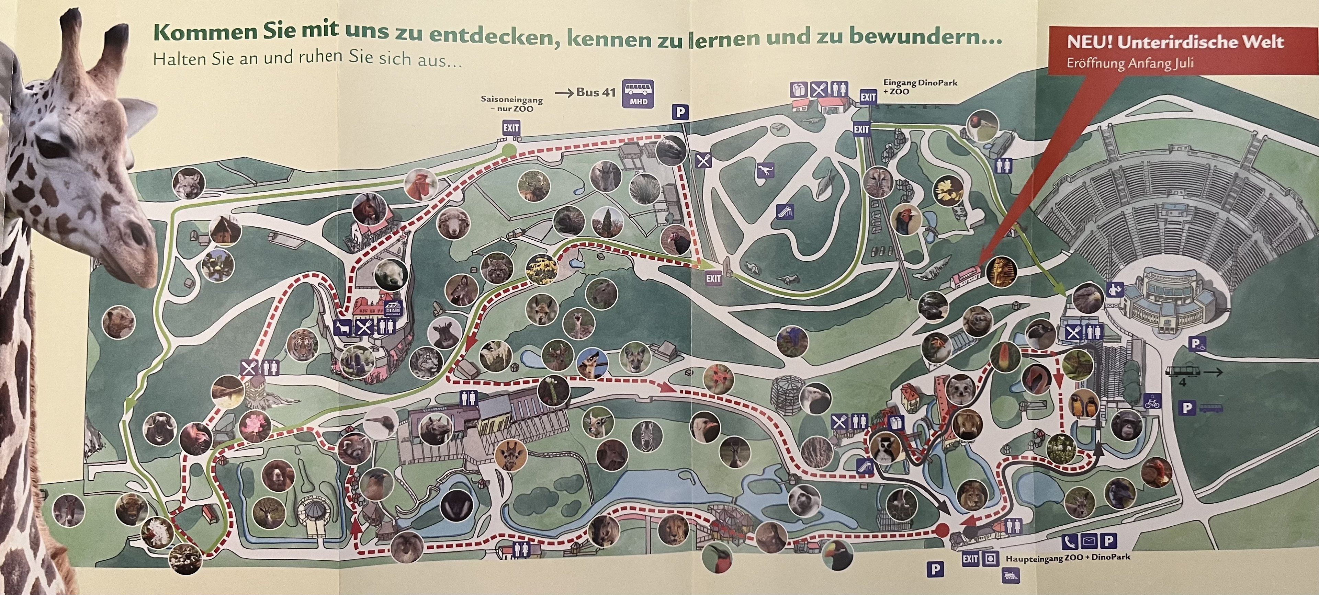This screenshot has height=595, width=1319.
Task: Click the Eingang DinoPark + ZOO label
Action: [920, 87]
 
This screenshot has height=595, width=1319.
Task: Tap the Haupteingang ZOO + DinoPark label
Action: [1067, 558]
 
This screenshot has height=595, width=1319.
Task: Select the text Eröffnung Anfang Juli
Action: [1129, 64]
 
